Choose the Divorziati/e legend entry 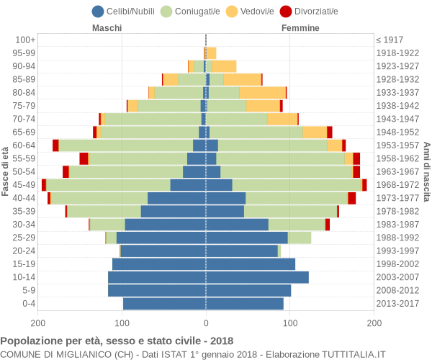tap(314, 11)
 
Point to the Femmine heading tap(300, 28)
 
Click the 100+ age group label tap(24, 40)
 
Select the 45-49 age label tap(24, 185)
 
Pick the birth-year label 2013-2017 tap(397, 304)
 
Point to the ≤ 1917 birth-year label tap(390, 40)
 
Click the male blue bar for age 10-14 tap(157, 277)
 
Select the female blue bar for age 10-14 tap(257, 277)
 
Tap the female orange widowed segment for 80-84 tap(262, 93)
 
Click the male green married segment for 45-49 tap(108, 185)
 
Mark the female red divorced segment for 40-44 tap(351, 198)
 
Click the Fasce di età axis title tap(6, 171)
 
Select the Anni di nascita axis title tap(426, 171)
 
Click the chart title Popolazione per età tap(117, 341)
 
